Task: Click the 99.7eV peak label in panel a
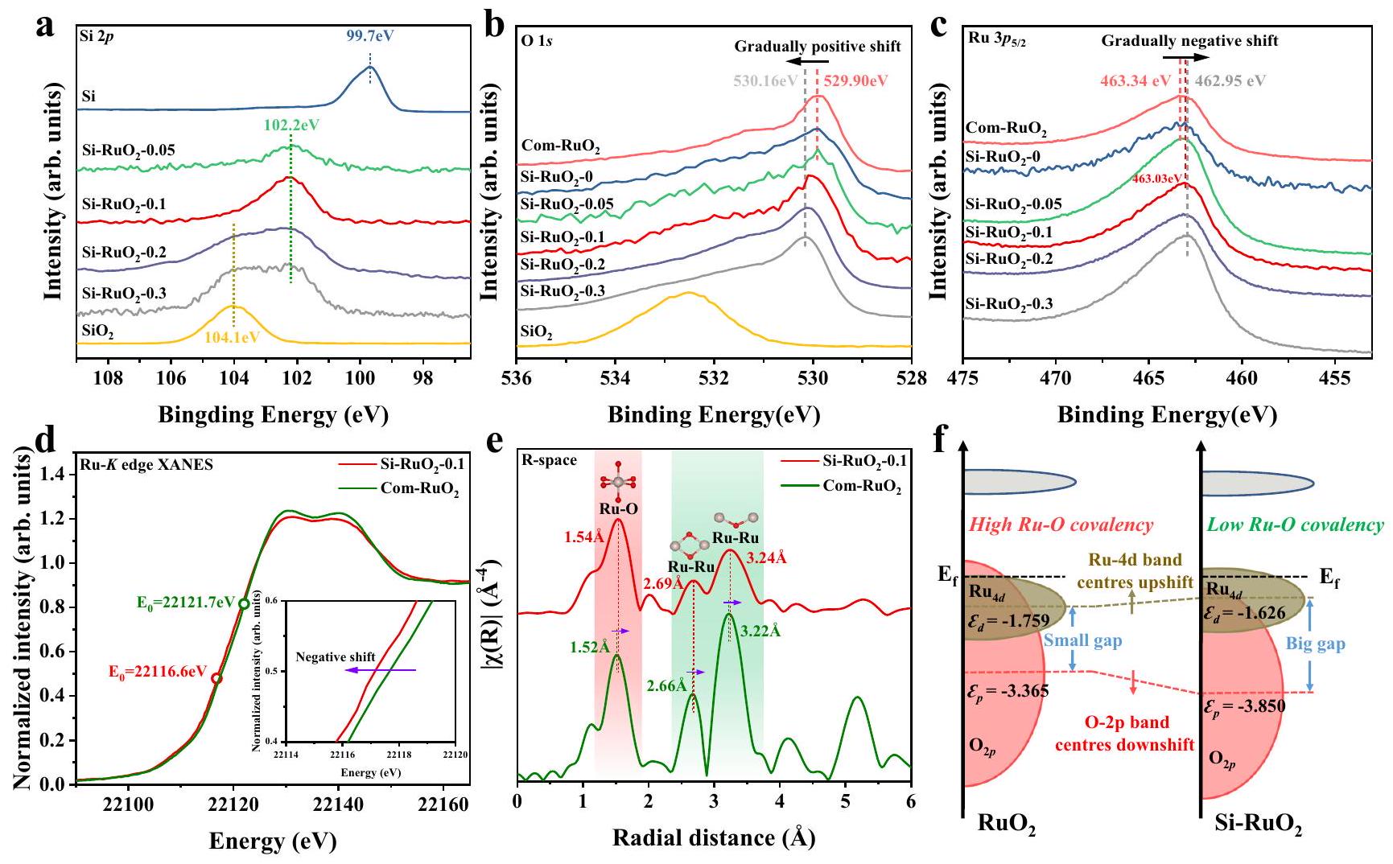(370, 35)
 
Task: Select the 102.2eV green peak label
(291, 125)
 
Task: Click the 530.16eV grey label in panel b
(765, 81)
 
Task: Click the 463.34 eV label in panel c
(1136, 81)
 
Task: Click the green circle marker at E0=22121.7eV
(244, 603)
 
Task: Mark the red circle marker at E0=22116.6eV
(216, 678)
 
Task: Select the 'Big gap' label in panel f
(1316, 644)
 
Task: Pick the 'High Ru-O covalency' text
(1061, 525)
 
